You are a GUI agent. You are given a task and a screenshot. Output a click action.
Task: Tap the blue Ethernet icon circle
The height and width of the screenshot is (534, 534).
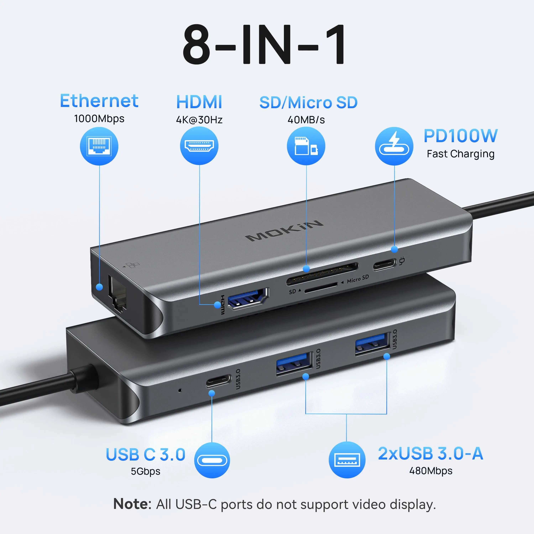click(99, 146)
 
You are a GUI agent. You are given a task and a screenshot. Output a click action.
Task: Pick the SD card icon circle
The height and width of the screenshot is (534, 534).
click(306, 146)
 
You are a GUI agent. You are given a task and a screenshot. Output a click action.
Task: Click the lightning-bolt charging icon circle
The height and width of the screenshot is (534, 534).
click(394, 146)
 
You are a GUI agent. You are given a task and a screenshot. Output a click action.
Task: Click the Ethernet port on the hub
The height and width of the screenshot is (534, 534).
click(117, 294)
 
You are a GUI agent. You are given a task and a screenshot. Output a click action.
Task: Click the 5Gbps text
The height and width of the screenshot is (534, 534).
click(145, 471)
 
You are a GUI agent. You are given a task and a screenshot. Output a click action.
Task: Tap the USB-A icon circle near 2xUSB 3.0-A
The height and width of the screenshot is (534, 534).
click(347, 460)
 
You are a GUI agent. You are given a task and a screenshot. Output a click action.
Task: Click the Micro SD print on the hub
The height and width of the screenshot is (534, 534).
click(358, 279)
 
